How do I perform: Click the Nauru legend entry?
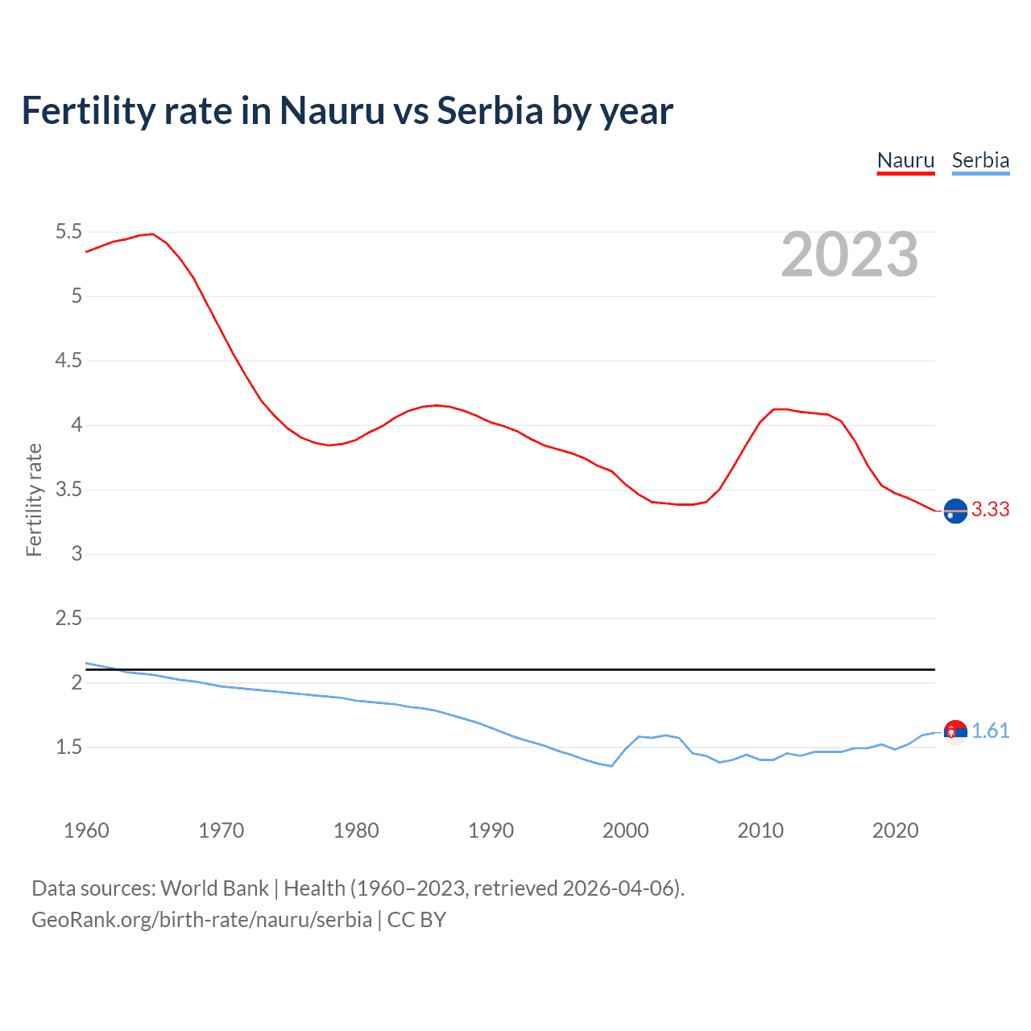pyautogui.click(x=905, y=160)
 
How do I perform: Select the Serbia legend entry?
pyautogui.click(x=980, y=160)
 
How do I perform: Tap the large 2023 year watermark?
pyautogui.click(x=849, y=255)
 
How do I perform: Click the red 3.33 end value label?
pyautogui.click(x=990, y=509)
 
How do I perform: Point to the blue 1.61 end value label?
pyautogui.click(x=990, y=731)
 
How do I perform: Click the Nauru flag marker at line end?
pyautogui.click(x=955, y=511)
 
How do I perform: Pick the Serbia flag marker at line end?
pyautogui.click(x=955, y=731)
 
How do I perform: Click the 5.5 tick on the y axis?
pyautogui.click(x=68, y=232)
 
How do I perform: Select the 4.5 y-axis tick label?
pyautogui.click(x=68, y=361)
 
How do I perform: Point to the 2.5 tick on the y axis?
pyautogui.click(x=68, y=619)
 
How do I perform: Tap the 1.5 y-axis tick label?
pyautogui.click(x=68, y=747)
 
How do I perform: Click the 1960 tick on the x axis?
pyautogui.click(x=86, y=830)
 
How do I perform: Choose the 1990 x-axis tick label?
pyautogui.click(x=491, y=830)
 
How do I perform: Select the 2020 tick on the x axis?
pyautogui.click(x=895, y=830)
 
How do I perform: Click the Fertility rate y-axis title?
pyautogui.click(x=34, y=499)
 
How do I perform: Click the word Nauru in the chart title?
pyautogui.click(x=332, y=111)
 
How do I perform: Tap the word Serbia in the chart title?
pyautogui.click(x=490, y=111)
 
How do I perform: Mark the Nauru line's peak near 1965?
pyautogui.click(x=152, y=234)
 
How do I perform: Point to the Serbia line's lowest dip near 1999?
pyautogui.click(x=611, y=766)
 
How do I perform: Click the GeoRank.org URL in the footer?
pyautogui.click(x=201, y=920)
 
